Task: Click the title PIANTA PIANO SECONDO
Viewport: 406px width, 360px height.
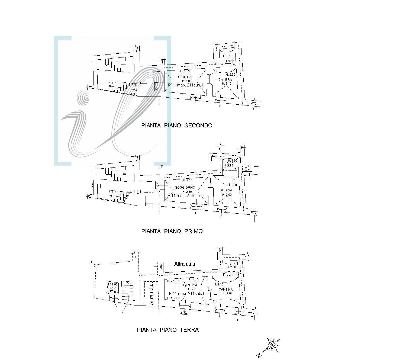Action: pyautogui.click(x=177, y=126)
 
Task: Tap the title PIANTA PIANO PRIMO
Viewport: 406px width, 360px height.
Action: pyautogui.click(x=172, y=231)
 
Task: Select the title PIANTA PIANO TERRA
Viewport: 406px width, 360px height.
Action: pyautogui.click(x=168, y=330)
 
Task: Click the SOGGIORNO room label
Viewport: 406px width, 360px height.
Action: pyautogui.click(x=185, y=188)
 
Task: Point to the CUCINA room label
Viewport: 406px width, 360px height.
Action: pyautogui.click(x=226, y=190)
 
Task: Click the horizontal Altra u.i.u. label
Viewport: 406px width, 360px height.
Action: pyautogui.click(x=185, y=264)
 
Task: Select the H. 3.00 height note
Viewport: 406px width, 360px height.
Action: pyautogui.click(x=186, y=81)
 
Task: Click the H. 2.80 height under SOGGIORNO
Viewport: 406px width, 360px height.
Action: pyautogui.click(x=187, y=192)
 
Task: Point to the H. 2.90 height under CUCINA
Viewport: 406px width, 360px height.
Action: pyautogui.click(x=227, y=195)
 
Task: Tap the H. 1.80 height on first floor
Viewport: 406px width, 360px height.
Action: pyautogui.click(x=233, y=160)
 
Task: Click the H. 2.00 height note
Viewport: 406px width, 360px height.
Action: pyautogui.click(x=234, y=185)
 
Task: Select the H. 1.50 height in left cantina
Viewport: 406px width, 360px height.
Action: pyautogui.click(x=172, y=298)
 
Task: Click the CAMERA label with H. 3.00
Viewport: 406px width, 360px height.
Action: pyautogui.click(x=185, y=77)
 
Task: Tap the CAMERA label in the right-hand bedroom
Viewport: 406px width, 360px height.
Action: pyautogui.click(x=225, y=80)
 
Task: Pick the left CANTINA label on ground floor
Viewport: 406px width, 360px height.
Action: pyautogui.click(x=190, y=285)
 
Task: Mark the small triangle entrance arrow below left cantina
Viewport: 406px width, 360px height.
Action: pyautogui.click(x=185, y=313)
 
